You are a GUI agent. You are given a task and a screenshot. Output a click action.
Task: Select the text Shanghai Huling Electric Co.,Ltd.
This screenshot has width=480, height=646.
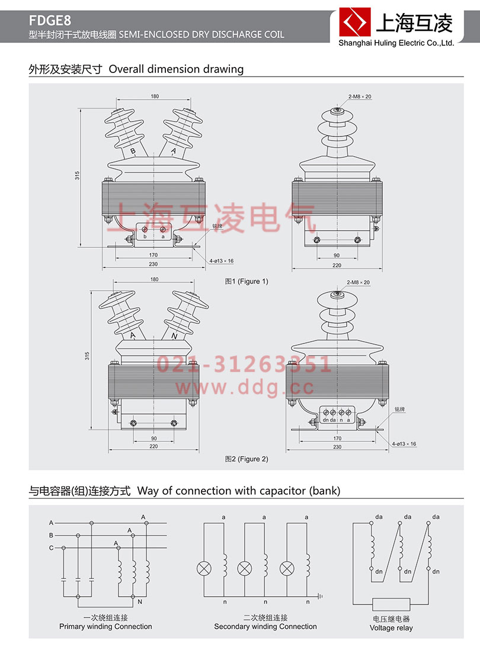(395, 43)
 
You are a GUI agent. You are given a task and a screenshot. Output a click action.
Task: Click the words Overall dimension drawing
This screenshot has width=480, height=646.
(176, 69)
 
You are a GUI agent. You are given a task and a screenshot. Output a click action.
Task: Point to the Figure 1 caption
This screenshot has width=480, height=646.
(246, 281)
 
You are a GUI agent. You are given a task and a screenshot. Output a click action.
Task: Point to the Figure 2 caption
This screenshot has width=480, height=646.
(246, 459)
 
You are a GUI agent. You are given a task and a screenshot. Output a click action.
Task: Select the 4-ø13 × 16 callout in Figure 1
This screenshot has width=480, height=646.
(221, 260)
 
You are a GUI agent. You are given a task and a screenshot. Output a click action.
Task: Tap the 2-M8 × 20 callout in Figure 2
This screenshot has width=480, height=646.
(359, 282)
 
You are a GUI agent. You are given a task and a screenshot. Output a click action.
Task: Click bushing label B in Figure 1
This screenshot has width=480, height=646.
(133, 152)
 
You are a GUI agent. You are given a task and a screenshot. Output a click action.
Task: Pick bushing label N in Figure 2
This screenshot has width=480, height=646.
(174, 336)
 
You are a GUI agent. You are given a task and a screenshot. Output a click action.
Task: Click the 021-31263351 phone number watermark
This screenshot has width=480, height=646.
(244, 364)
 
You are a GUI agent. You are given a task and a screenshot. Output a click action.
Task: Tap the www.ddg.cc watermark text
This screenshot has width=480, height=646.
(244, 388)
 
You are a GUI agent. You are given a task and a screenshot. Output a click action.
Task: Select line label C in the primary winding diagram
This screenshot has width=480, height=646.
(52, 548)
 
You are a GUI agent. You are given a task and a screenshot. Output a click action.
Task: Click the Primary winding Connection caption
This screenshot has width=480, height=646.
(105, 626)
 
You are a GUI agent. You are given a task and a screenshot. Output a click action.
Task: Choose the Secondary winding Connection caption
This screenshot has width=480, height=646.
(265, 626)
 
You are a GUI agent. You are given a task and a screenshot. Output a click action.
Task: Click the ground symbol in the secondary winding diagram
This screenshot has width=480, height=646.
(319, 596)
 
